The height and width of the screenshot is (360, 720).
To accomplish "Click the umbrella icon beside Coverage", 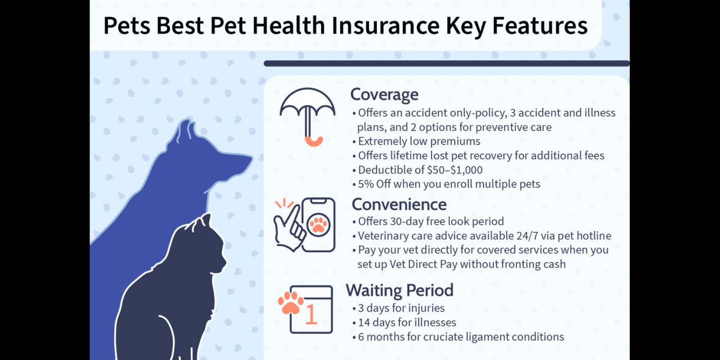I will click(x=307, y=115).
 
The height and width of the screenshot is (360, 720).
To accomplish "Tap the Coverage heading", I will click(x=384, y=94).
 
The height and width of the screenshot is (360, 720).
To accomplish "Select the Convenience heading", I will click(x=399, y=204).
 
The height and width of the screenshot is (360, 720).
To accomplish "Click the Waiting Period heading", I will click(x=399, y=290).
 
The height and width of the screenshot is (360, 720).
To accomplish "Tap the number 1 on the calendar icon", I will click(x=310, y=316).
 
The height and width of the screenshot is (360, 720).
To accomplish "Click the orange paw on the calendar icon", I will click(x=291, y=303).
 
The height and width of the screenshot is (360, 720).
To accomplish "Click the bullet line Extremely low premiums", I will click(x=419, y=141).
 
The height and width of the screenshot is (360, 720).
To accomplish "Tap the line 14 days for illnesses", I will click(x=407, y=322).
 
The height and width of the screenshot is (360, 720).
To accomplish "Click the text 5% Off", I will click(x=374, y=184).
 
